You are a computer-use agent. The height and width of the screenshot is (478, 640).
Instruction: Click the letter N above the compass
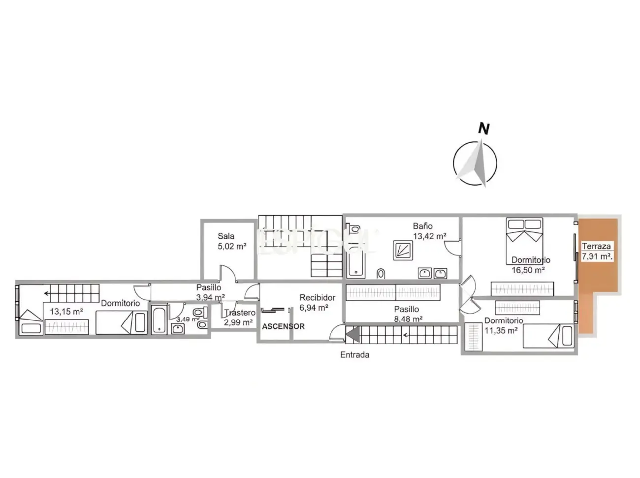[x=484, y=129]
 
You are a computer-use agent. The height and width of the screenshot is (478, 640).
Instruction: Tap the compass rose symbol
[x=475, y=164]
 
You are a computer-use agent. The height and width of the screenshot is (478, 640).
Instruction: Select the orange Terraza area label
[x=596, y=246]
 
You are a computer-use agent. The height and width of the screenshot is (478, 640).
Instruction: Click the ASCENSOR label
[x=283, y=326]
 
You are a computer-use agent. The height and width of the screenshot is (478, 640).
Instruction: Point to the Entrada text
[x=354, y=354]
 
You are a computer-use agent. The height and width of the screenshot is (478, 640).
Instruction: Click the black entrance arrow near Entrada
[x=352, y=335]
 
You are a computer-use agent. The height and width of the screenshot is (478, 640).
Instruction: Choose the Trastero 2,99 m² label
[x=239, y=318]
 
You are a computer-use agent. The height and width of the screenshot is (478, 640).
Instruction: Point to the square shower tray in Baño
[x=402, y=250]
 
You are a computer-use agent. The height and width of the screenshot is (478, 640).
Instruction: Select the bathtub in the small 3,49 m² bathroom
[x=160, y=320]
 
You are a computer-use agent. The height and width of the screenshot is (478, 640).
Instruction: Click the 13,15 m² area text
[x=66, y=311]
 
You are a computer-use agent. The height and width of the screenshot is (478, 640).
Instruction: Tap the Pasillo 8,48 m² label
[x=408, y=314]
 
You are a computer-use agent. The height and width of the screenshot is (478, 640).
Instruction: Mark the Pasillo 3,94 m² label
[x=210, y=292]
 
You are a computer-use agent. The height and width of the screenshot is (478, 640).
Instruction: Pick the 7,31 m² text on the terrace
[x=597, y=256]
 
